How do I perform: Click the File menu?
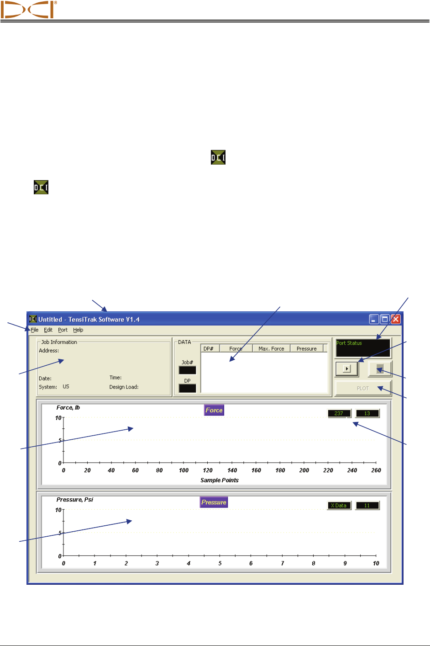point(35,330)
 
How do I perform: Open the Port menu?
point(63,330)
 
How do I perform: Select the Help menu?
point(78,330)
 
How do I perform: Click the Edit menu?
point(48,330)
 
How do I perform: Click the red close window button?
point(396,320)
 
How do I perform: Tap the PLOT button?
point(363,389)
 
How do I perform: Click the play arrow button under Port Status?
point(346,368)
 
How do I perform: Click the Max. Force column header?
point(271,349)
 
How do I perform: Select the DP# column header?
point(209,349)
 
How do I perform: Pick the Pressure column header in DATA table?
point(306,349)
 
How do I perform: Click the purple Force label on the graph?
point(214,410)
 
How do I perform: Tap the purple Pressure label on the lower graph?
point(214,502)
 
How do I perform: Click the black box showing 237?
point(339,414)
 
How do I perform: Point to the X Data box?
point(339,506)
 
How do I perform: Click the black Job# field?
point(187,370)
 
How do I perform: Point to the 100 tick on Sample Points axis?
point(184,470)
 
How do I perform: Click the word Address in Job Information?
point(48,351)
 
